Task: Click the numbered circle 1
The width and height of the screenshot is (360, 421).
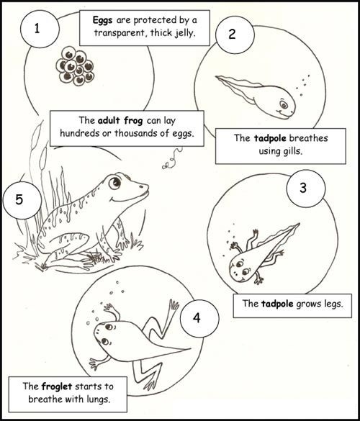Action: coord(39,29)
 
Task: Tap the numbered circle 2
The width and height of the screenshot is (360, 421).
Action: coord(234,35)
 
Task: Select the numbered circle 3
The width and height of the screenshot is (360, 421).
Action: coord(305,189)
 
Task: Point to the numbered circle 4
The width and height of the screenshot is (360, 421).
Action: coord(199,318)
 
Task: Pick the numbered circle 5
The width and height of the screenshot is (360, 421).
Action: coord(22,200)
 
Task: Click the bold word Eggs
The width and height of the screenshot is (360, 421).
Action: coord(103,21)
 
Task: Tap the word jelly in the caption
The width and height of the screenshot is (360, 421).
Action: coord(184,34)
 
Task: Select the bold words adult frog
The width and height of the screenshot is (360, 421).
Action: coord(120,121)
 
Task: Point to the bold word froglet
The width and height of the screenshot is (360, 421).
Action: coord(57,386)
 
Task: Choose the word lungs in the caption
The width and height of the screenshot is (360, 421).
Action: coord(99,399)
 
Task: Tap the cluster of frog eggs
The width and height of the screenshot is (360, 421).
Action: coord(75,66)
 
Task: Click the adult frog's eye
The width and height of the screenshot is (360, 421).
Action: coord(115,183)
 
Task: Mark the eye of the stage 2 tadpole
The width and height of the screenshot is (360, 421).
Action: coord(283,104)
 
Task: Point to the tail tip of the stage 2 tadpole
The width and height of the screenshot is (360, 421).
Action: coord(216,76)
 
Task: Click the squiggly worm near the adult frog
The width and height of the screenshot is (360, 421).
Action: coord(172,159)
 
